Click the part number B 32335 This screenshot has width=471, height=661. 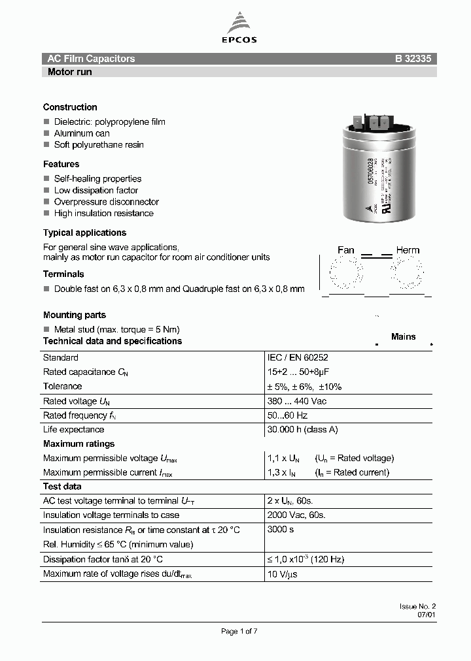pyautogui.click(x=412, y=59)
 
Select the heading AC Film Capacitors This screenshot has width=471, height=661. pyautogui.click(x=91, y=59)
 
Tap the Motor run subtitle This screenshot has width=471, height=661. pyautogui.click(x=69, y=72)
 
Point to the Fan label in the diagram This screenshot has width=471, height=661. pyautogui.click(x=345, y=250)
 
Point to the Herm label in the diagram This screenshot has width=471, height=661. pyautogui.click(x=408, y=250)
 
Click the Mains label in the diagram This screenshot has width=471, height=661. pyautogui.click(x=403, y=336)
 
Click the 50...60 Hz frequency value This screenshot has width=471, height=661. pyautogui.click(x=287, y=415)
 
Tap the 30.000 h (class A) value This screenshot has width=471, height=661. pyautogui.click(x=302, y=430)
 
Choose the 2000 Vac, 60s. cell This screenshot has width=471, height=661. pyautogui.click(x=296, y=515)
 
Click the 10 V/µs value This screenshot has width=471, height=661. pyautogui.click(x=283, y=573)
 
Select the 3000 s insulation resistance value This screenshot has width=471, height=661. pyautogui.click(x=281, y=529)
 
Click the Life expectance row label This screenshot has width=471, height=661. pyautogui.click(x=73, y=430)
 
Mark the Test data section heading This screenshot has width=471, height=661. pyautogui.click(x=61, y=487)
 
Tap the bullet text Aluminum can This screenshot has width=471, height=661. pyautogui.click(x=82, y=133)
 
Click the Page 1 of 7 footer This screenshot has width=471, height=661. pyautogui.click(x=239, y=631)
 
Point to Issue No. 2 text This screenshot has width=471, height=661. pyautogui.click(x=417, y=607)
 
